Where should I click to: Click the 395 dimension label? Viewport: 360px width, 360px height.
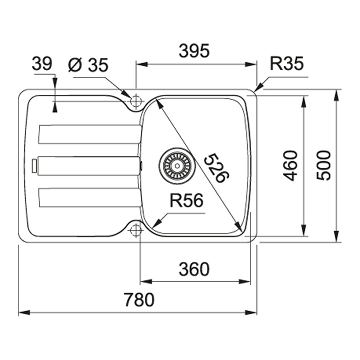pyautogui.click(x=194, y=51)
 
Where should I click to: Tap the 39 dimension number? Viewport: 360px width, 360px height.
pyautogui.click(x=42, y=64)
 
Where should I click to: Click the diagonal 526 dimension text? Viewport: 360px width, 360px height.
pyautogui.click(x=217, y=168)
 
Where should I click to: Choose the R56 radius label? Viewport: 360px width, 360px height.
pyautogui.click(x=186, y=200)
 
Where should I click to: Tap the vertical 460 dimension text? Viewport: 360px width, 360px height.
pyautogui.click(x=290, y=166)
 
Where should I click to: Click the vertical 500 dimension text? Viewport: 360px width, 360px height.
pyautogui.click(x=324, y=165)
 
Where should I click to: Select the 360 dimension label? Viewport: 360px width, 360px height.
pyautogui.click(x=194, y=269)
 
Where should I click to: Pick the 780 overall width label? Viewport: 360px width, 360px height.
pyautogui.click(x=139, y=300)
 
